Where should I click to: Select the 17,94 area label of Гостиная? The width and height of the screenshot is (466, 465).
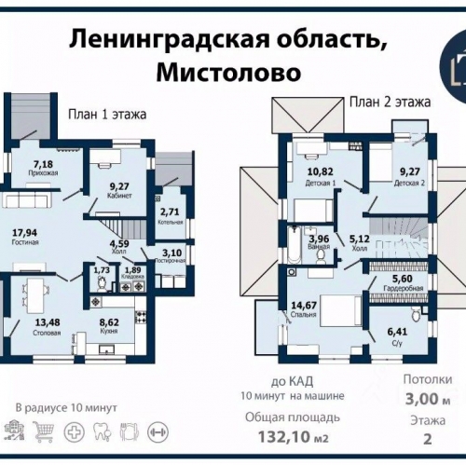pyautogui.click(x=25, y=237)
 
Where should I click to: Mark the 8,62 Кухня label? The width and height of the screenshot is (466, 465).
pyautogui.click(x=114, y=327)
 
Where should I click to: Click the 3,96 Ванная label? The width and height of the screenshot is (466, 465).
pyautogui.click(x=318, y=241)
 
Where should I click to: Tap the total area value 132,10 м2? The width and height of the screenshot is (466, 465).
pyautogui.click(x=292, y=436)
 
